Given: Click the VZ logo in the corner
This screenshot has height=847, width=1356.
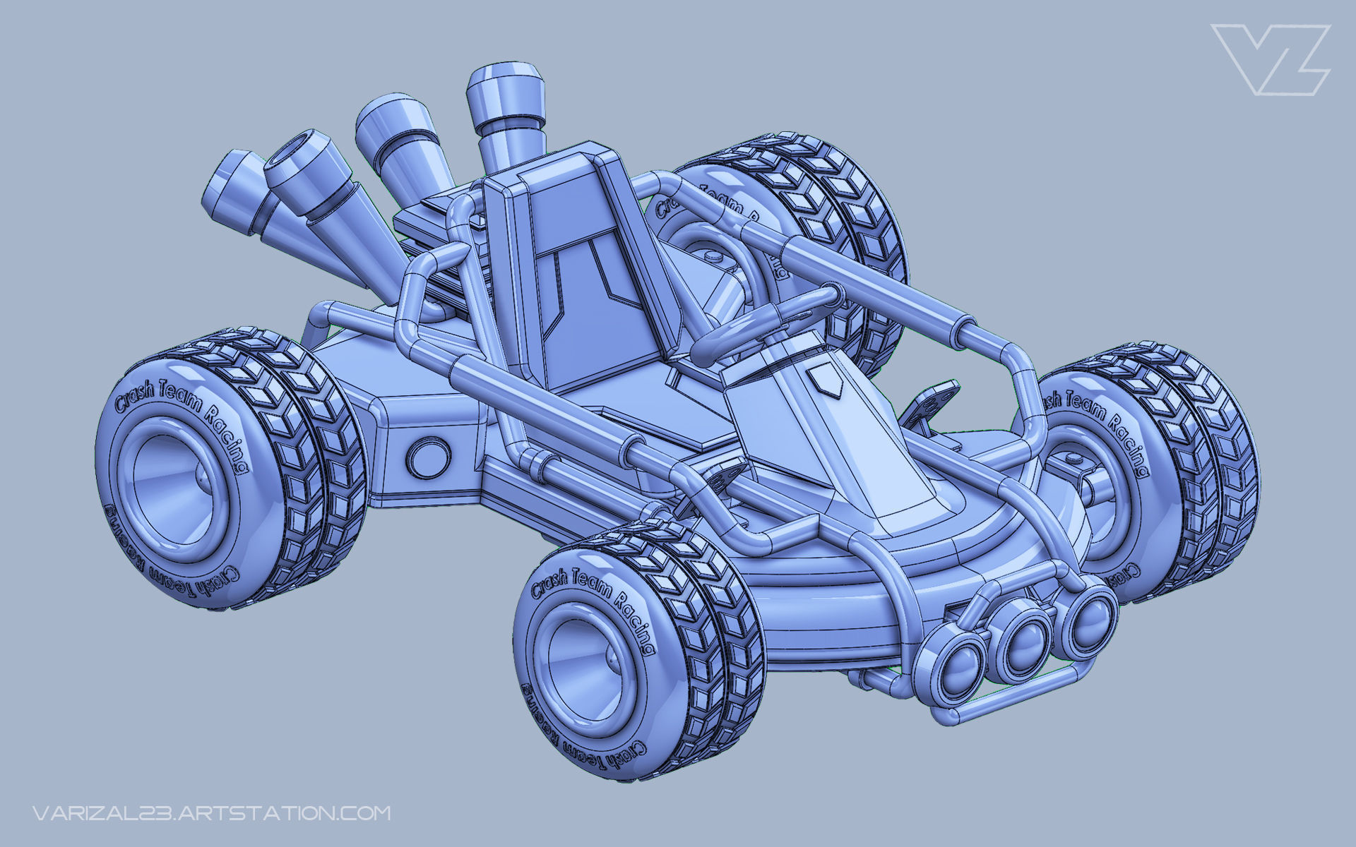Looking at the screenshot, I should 1270,59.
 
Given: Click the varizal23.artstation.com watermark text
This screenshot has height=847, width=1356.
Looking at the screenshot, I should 211,812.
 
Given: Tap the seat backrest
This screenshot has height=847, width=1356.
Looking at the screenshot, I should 579,268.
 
